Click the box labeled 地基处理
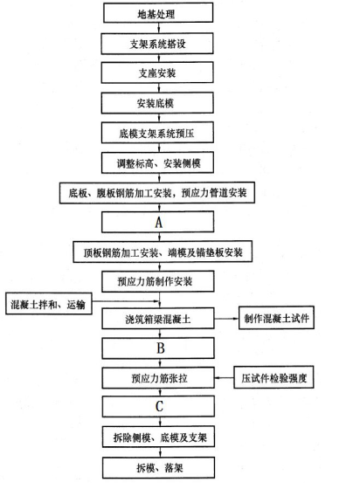pyautogui.click(x=158, y=13)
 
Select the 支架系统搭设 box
pyautogui.click(x=157, y=44)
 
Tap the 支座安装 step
pyautogui.click(x=157, y=72)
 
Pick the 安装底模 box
pyautogui.click(x=157, y=103)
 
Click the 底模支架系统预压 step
pyautogui.click(x=157, y=133)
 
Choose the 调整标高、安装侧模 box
pyautogui.click(x=157, y=162)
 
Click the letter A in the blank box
pyautogui.click(x=159, y=223)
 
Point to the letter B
pyautogui.click(x=161, y=348)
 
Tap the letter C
pyautogui.click(x=159, y=406)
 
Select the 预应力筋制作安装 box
pyautogui.click(x=158, y=281)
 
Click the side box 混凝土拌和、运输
pyautogui.click(x=49, y=304)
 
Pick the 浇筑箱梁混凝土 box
pyautogui.click(x=158, y=319)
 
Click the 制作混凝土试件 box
pyautogui.click(x=276, y=318)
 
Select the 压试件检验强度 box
pyautogui.click(x=273, y=377)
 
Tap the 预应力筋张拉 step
pyautogui.click(x=158, y=377)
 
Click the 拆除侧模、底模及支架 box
pyautogui.click(x=158, y=437)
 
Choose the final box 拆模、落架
pyautogui.click(x=158, y=467)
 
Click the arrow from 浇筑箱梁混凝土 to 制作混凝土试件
pyautogui.click(x=226, y=319)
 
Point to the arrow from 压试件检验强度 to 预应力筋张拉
pyautogui.click(x=225, y=377)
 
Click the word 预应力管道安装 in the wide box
pyautogui.click(x=214, y=193)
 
